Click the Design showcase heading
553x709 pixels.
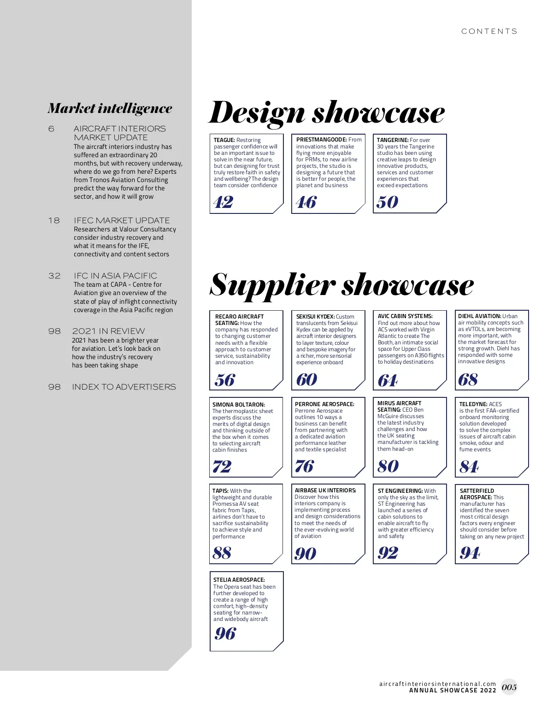[x=327, y=113]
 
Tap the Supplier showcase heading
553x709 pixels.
[x=341, y=285]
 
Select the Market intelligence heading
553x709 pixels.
[x=110, y=108]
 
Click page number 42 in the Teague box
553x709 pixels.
[x=224, y=202]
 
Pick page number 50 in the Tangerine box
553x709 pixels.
[x=387, y=202]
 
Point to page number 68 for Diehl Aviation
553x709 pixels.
[x=468, y=380]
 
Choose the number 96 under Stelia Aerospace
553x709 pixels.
[x=225, y=634]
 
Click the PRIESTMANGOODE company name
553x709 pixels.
[x=321, y=140]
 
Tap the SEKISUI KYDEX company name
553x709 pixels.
[x=315, y=317]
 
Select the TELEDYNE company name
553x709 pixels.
[x=473, y=404]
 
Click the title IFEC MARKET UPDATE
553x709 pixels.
[x=122, y=220]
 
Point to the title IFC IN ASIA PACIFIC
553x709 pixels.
[x=115, y=276]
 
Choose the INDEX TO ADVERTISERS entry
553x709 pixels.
[x=124, y=387]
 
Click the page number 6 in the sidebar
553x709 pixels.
[x=51, y=129]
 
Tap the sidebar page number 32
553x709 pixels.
[x=54, y=276]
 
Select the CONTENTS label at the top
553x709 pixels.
[x=489, y=31]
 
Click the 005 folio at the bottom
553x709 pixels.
[x=509, y=687]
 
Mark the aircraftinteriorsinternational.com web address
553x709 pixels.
[x=437, y=684]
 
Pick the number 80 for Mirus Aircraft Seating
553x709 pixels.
[x=388, y=467]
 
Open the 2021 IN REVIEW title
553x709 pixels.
[x=108, y=331]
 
